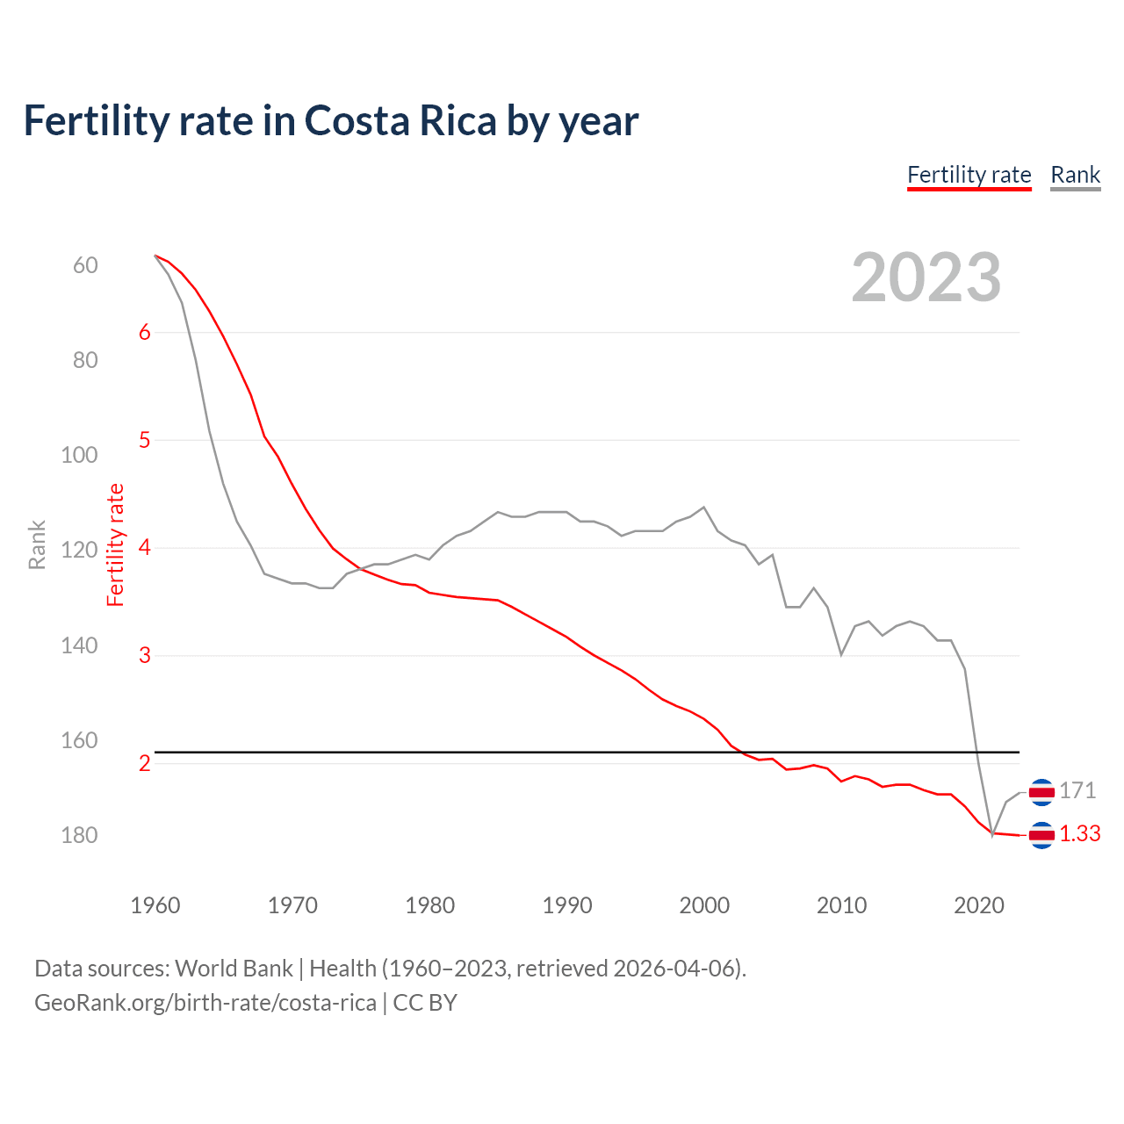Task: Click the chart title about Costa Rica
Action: click(330, 121)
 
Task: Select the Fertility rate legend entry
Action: click(969, 175)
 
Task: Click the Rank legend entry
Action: click(1075, 175)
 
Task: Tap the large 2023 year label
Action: click(926, 277)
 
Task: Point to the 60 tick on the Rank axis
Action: click(85, 265)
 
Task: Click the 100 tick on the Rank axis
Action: click(79, 455)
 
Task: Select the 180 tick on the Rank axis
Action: click(79, 835)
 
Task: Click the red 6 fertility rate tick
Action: click(145, 332)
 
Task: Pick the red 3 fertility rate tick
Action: click(145, 655)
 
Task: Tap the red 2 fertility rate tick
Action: click(145, 763)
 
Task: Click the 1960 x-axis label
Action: click(155, 905)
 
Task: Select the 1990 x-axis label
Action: click(567, 905)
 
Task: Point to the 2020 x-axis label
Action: click(979, 905)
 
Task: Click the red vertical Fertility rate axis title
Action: click(116, 545)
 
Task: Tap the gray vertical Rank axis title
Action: click(37, 545)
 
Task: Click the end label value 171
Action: click(1077, 791)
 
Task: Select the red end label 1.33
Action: click(1079, 834)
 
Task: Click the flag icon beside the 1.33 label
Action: click(1041, 835)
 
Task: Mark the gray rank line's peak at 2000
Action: click(704, 508)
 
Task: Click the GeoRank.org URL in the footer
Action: click(205, 1003)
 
